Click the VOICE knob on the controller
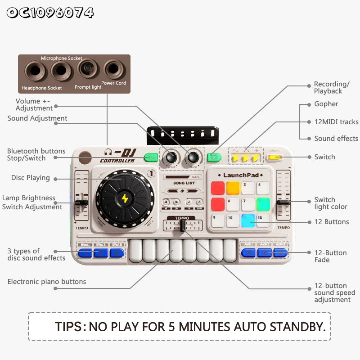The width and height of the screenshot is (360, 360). pos(171,157)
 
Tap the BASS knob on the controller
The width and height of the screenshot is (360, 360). pos(193,157)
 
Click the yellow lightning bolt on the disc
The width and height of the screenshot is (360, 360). pos(125,198)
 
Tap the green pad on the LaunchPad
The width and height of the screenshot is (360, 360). pos(263,204)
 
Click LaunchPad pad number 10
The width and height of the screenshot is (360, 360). pos(233,220)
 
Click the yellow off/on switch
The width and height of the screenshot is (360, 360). pos(274,157)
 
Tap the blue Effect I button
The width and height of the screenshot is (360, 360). pos(85,252)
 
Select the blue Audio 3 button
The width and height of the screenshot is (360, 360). pos(280,252)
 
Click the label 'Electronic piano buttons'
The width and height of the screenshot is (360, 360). pos(47,282)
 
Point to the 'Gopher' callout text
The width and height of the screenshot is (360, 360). pos(326,104)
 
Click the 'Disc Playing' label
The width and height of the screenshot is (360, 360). pos(31,178)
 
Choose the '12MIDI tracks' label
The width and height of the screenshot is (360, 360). pos(336,122)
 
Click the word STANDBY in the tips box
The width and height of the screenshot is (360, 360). pos(298,327)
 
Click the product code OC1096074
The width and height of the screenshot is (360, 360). pos(50,13)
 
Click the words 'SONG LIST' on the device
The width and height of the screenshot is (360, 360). pos(184,183)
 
